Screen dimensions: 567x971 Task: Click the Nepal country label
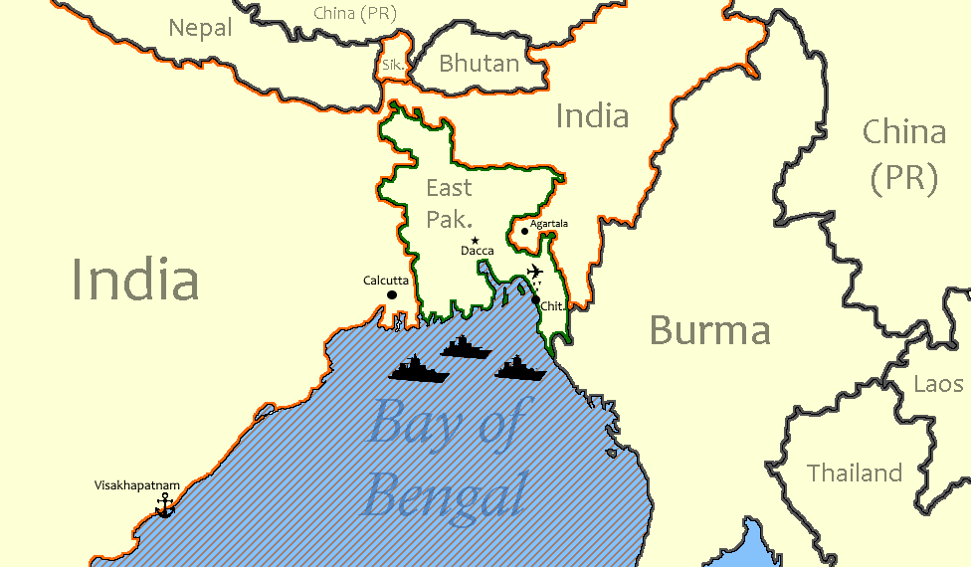click(200, 28)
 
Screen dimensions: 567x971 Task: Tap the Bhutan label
click(480, 65)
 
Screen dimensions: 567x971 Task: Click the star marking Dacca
click(476, 241)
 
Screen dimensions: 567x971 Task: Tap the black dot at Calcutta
click(392, 294)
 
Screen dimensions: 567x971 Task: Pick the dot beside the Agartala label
click(524, 231)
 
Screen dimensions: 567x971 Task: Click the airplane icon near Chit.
click(535, 272)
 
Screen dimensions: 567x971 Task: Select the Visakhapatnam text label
click(137, 485)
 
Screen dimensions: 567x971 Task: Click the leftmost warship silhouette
click(419, 368)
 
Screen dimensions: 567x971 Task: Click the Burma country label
click(709, 330)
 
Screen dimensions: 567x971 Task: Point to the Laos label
click(938, 384)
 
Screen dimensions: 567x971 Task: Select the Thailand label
click(855, 472)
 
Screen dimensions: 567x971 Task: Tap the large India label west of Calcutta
click(135, 280)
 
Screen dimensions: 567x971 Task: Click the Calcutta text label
click(386, 281)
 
